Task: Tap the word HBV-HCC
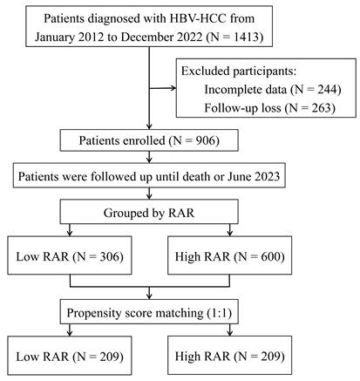(198, 18)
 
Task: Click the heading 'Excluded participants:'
(239, 71)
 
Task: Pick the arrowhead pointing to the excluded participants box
(173, 88)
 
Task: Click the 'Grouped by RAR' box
(149, 213)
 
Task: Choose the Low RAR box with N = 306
(70, 255)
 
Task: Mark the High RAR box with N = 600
(229, 255)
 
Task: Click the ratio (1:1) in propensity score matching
(220, 313)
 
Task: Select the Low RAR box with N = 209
(70, 356)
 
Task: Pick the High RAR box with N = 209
(229, 356)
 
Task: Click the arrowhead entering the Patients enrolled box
(149, 126)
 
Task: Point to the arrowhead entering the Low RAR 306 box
(70, 233)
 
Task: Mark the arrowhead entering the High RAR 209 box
(229, 333)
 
